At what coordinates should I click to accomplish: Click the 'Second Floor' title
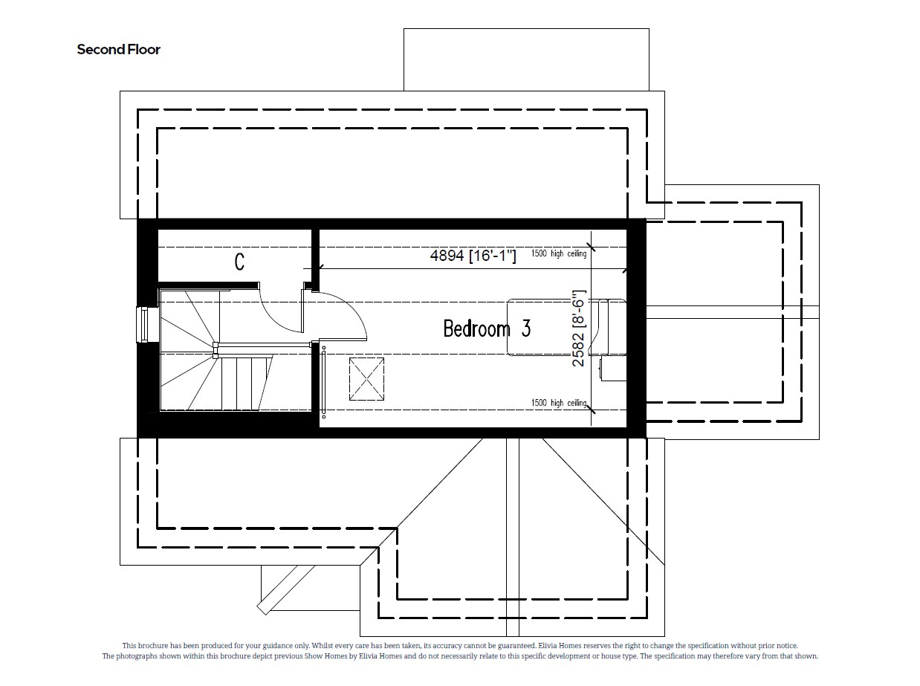119,50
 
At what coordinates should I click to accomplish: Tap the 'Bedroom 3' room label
487,329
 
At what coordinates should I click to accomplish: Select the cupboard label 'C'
239,262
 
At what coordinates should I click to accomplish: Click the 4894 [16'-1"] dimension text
473,256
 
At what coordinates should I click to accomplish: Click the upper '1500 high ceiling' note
559,254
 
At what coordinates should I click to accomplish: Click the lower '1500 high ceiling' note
559,403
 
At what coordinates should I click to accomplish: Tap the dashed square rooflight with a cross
367,378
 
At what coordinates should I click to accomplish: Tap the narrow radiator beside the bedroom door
324,383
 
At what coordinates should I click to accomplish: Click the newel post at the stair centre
215,345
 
